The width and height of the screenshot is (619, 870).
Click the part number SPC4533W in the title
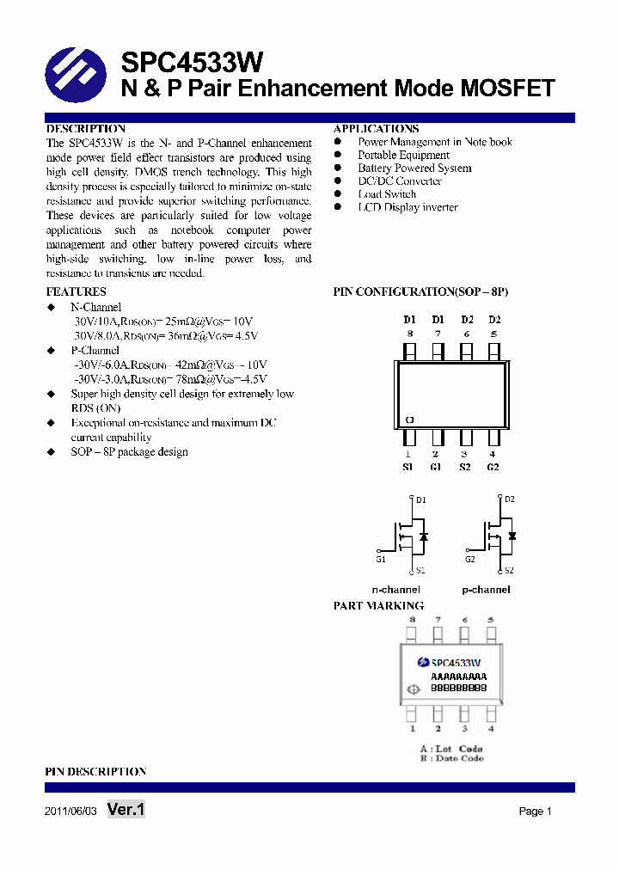tap(191, 63)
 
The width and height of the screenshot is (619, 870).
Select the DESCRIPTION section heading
tap(85, 129)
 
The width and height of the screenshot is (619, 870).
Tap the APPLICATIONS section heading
tap(376, 129)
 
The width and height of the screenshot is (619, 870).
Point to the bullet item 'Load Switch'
tap(387, 194)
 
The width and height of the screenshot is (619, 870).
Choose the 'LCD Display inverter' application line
tap(408, 207)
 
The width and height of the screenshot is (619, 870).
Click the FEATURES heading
tap(76, 292)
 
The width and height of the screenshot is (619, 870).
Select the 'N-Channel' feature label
tap(95, 307)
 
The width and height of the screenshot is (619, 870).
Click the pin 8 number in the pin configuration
tap(409, 334)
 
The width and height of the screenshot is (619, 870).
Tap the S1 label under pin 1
tap(408, 467)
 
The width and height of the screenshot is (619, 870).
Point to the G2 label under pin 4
tap(493, 467)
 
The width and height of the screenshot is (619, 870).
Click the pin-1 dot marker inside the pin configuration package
tap(409, 420)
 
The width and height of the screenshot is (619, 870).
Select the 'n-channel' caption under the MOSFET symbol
tap(395, 590)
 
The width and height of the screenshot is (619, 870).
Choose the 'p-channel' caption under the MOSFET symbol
tap(486, 590)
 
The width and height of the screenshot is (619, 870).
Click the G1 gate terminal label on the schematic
tap(380, 560)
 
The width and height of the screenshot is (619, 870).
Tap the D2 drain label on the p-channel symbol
tap(510, 499)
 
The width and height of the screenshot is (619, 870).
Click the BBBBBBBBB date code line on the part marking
tap(458, 689)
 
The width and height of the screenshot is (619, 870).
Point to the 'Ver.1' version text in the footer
tap(126, 810)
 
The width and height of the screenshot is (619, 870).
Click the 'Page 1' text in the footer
tap(535, 812)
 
